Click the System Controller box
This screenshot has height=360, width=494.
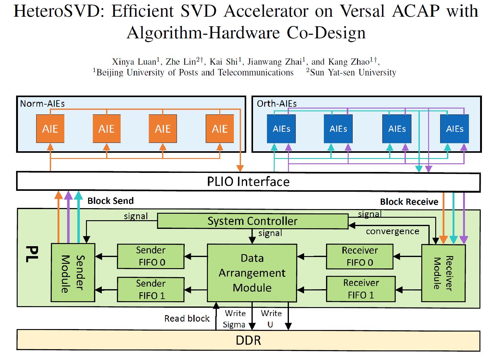252,221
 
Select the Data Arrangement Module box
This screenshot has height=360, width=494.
252,273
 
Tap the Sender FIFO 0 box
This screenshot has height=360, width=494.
151,256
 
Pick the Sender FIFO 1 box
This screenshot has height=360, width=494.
151,289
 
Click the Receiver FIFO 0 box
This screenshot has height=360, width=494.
359,256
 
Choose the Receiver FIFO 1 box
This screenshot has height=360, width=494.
361,289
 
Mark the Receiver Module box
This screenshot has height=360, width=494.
443,273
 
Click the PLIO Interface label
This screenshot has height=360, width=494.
248,182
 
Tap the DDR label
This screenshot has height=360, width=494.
248,341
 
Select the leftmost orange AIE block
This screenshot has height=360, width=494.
50,129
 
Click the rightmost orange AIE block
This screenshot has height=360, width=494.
220,129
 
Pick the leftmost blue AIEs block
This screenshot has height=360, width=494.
281,129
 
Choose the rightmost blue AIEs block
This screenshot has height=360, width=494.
454,129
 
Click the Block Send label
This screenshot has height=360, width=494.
110,201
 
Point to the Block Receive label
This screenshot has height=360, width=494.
409,202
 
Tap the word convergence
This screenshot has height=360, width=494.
392,231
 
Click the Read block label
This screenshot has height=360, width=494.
187,318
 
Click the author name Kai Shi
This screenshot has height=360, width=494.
224,62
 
